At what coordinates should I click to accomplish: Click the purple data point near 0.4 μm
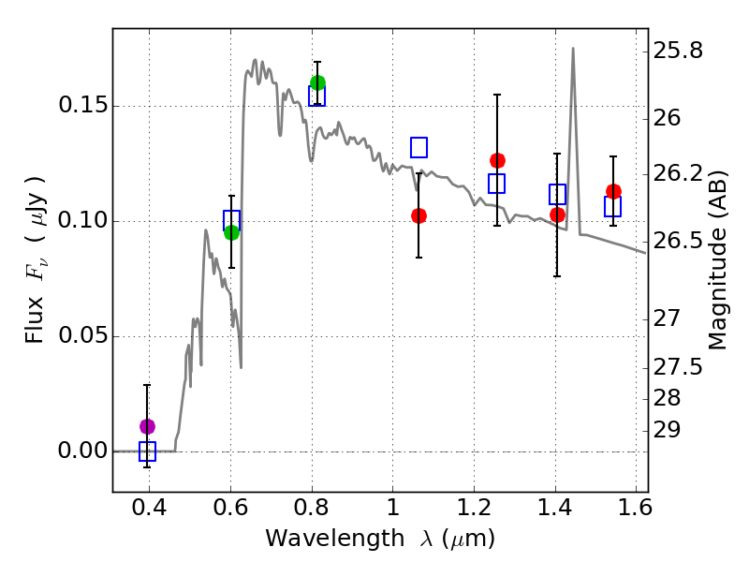tap(147, 426)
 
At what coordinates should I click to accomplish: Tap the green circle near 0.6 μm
tap(231, 232)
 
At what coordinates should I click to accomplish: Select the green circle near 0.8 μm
tap(317, 82)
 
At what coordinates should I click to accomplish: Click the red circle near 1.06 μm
tap(419, 215)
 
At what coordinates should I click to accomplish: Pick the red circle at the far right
tap(613, 191)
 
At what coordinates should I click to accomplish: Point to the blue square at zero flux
tap(147, 451)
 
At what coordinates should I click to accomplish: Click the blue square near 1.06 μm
tap(419, 147)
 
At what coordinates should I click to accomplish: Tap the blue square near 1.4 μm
tap(557, 195)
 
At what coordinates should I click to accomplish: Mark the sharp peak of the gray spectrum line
tap(573, 49)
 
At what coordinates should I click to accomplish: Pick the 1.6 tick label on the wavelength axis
tap(636, 512)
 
